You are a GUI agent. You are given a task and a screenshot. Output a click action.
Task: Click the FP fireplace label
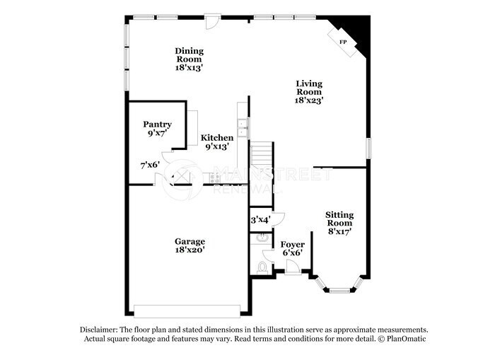344,42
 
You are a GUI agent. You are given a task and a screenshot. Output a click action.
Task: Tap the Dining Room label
190,51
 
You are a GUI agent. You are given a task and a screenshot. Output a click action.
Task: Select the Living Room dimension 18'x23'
308,100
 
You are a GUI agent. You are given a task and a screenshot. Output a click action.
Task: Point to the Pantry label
157,124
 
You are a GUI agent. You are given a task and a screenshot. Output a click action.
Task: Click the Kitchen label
217,138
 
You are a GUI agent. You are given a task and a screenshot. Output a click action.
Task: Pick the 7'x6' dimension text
150,165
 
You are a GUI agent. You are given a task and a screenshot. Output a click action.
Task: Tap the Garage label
190,241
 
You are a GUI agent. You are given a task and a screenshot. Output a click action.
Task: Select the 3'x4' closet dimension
261,220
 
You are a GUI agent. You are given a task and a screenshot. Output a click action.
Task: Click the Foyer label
293,244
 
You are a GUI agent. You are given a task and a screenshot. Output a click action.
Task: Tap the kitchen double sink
243,128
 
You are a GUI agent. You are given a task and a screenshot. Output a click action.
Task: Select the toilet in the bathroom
264,267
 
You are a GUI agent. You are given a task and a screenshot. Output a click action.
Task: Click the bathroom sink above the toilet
262,238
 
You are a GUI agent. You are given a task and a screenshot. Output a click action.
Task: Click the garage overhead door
187,310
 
